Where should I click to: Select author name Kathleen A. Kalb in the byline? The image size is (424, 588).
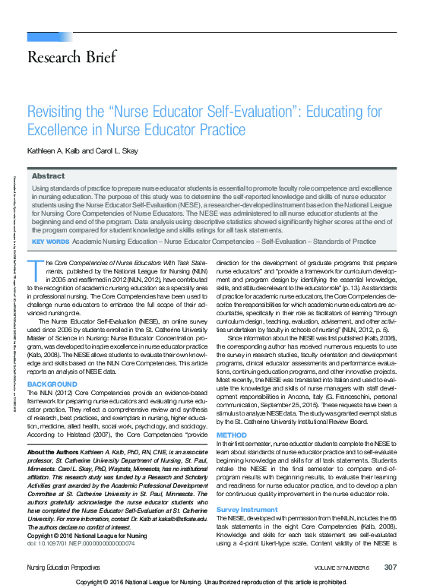coord(59,150)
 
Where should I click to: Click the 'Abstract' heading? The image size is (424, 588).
coord(47,175)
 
